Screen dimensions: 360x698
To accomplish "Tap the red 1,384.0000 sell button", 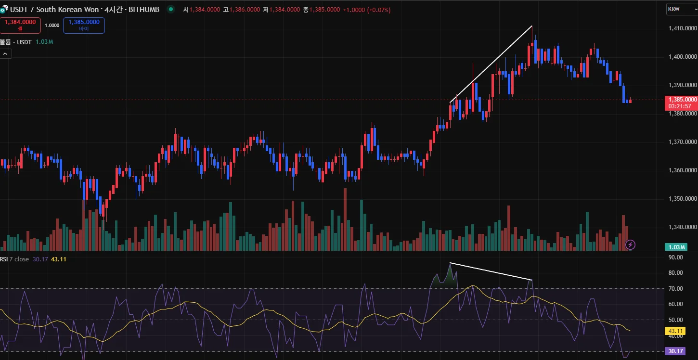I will (20, 25).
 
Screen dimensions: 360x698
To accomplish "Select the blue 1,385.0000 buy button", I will (84, 25).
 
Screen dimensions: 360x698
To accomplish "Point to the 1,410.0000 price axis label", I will (683, 28).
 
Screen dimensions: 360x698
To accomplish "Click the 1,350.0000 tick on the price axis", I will (683, 198).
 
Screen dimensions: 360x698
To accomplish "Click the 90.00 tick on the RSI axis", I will (676, 257).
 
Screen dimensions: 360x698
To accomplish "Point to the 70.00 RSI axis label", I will (676, 288).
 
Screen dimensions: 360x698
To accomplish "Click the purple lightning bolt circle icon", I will (630, 245).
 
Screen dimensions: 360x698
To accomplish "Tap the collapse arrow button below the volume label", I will (5, 54).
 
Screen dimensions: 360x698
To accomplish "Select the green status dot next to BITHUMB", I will (171, 10).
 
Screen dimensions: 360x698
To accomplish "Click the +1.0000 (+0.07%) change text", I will (366, 10).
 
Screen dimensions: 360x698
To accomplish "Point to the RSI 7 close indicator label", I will (14, 259).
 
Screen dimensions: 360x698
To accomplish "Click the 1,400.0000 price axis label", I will (683, 57).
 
